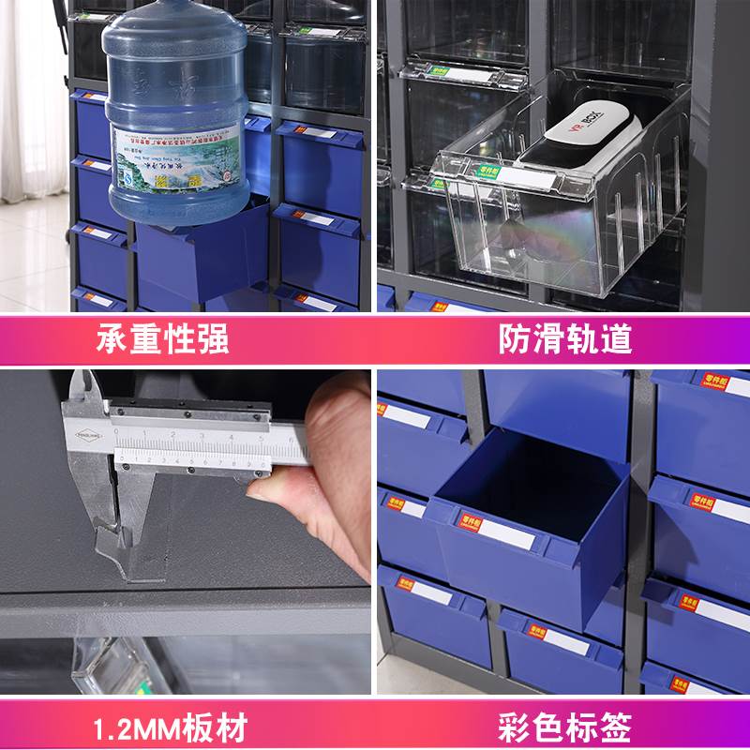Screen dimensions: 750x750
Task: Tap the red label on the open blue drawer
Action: click(x=471, y=518)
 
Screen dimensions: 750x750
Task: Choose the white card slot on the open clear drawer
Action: click(x=534, y=178)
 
